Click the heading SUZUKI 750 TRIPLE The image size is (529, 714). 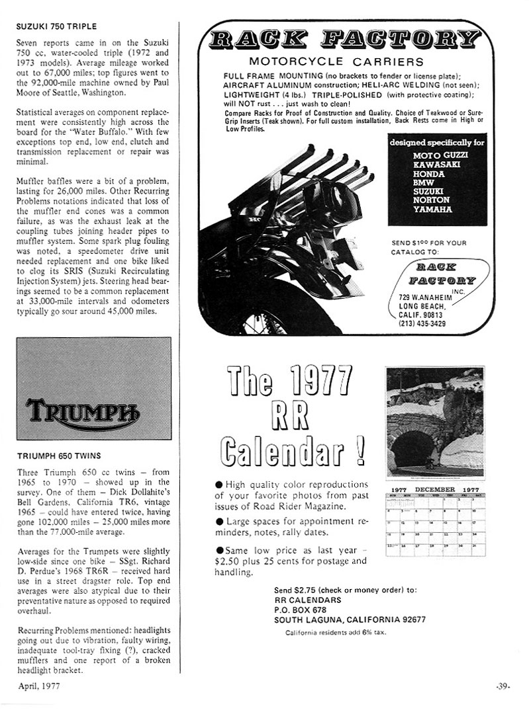(x=56, y=26)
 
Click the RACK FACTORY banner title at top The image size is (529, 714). (x=345, y=40)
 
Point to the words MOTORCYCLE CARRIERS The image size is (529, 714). (x=336, y=61)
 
